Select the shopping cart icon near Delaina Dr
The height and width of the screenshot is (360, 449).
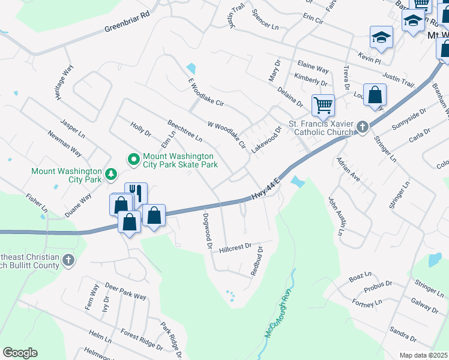tap(323, 106)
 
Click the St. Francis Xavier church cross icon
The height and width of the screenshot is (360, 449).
tap(362, 127)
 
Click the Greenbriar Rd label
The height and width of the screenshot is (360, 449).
tap(126, 21)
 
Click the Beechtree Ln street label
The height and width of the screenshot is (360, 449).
tap(184, 130)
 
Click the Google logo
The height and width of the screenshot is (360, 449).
tap(20, 353)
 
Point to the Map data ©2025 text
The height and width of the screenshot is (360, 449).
tap(423, 355)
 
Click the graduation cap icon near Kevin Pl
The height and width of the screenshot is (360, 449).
tap(381, 37)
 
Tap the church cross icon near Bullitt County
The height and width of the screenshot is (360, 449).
tap(69, 260)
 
